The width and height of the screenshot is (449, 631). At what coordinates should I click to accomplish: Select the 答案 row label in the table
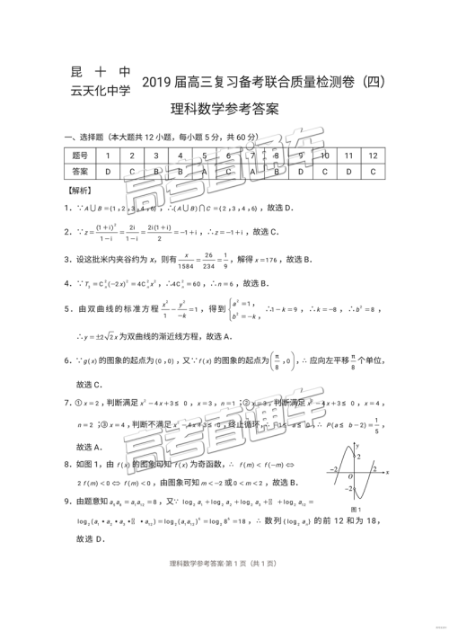80,171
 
